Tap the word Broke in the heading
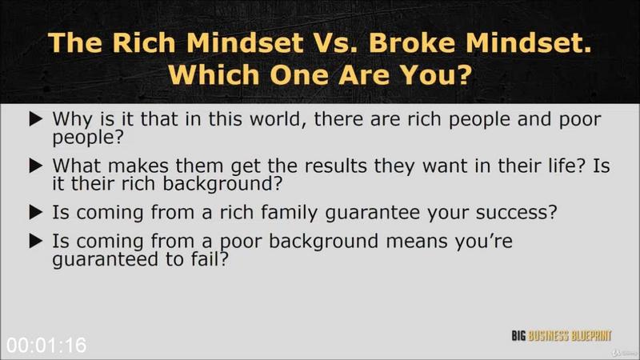(x=412, y=42)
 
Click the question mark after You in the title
(x=463, y=75)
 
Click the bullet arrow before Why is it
(x=36, y=119)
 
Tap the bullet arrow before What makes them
(x=36, y=166)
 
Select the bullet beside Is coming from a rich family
(x=36, y=212)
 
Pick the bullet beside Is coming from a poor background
(x=36, y=241)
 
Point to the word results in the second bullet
(x=335, y=166)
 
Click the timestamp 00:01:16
(x=46, y=346)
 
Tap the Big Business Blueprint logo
(x=562, y=336)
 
